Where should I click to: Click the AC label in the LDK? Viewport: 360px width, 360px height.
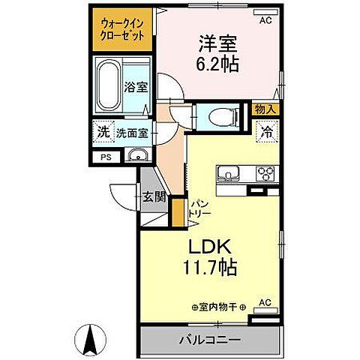(x=263, y=303)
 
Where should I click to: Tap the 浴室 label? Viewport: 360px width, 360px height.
(x=136, y=86)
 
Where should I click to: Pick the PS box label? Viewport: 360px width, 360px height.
(x=105, y=157)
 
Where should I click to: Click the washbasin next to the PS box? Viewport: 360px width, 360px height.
(x=136, y=157)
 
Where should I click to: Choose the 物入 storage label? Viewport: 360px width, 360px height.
(x=265, y=109)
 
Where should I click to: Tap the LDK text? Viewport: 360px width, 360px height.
(x=210, y=245)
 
